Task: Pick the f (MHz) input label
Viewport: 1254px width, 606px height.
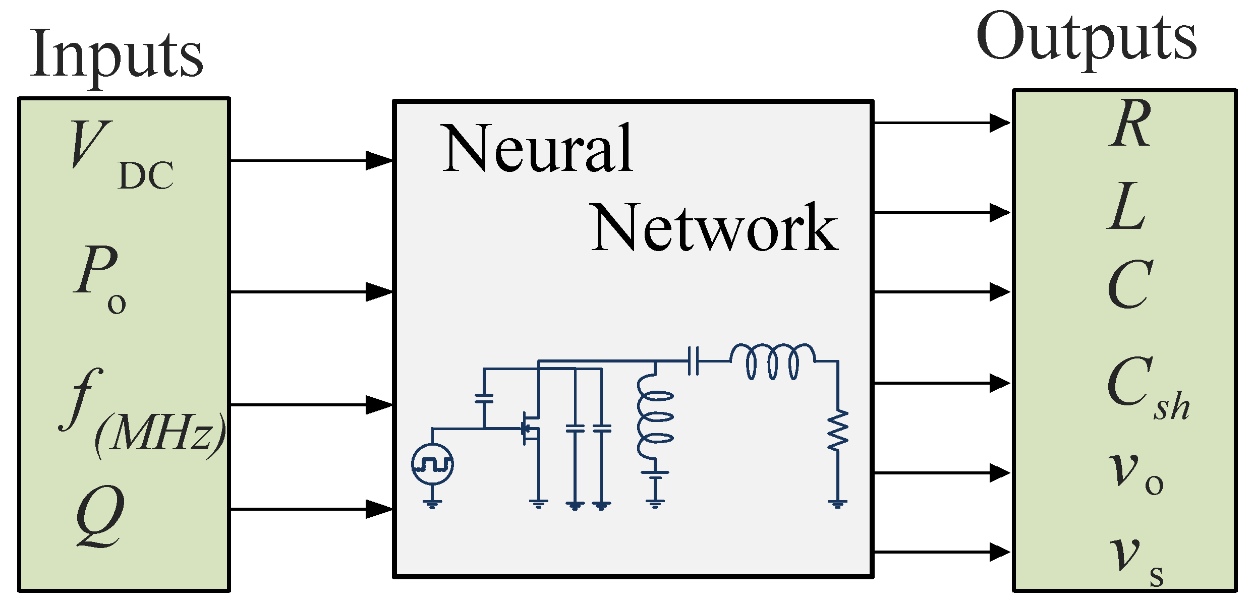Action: point(141,413)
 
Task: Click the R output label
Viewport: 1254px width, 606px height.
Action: point(1130,124)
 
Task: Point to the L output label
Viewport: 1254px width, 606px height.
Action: point(1127,207)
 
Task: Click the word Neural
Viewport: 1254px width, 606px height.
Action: point(537,149)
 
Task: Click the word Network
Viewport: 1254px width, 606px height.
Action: point(714,227)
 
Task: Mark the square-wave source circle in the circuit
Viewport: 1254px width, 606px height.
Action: point(432,464)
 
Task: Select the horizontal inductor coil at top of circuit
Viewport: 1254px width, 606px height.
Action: point(772,361)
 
